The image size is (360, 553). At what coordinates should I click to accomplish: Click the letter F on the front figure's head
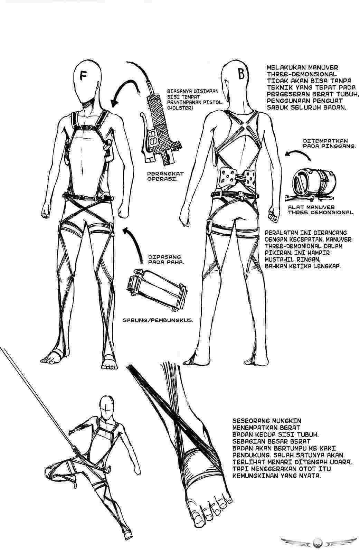(83, 75)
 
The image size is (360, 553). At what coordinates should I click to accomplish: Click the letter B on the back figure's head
(241, 74)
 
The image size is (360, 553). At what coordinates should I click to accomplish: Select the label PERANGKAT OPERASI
(165, 176)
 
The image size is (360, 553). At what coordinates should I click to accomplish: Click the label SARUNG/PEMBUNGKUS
(158, 320)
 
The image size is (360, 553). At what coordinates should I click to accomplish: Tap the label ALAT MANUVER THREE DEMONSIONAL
(320, 210)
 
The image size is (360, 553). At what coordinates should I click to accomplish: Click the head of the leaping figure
(107, 407)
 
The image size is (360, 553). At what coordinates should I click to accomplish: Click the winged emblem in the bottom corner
(318, 542)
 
